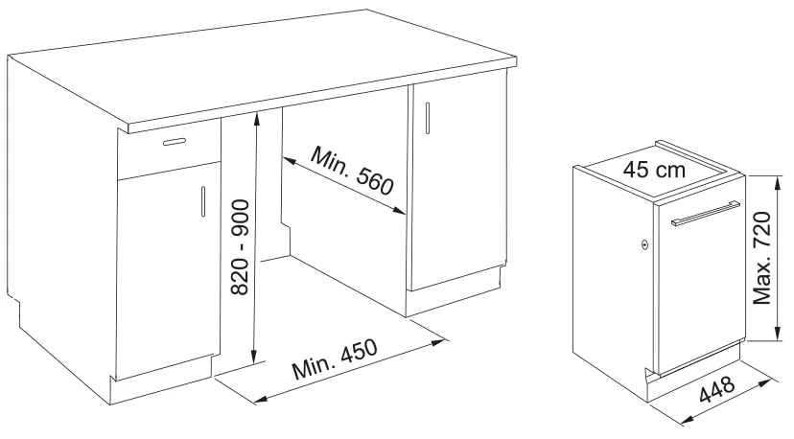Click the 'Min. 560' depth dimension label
tap(352, 171)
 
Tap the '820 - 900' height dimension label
tap(240, 247)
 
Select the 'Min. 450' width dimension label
tap(335, 359)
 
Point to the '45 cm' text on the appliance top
tap(654, 169)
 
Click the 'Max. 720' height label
tap(762, 258)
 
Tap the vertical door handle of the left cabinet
tap(203, 201)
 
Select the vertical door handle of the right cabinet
tap(428, 118)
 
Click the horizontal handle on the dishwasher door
tap(706, 213)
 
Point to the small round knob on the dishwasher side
tap(644, 244)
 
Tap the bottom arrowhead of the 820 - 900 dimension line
tap(255, 357)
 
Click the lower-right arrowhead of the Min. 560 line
tap(399, 210)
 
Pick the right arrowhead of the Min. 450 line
tap(438, 342)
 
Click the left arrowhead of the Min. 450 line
tap(261, 400)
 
